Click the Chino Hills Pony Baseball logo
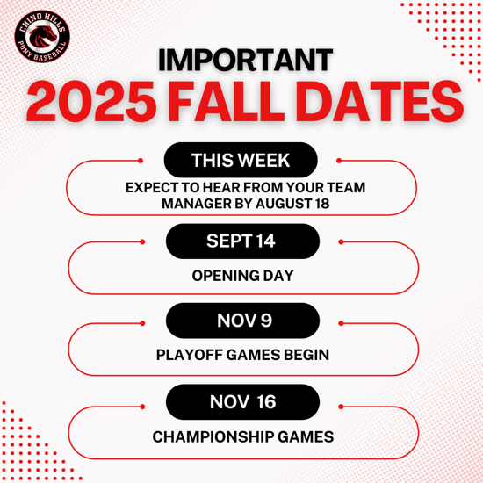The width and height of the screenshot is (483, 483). pyautogui.click(x=42, y=36)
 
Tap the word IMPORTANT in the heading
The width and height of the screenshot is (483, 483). pyautogui.click(x=245, y=61)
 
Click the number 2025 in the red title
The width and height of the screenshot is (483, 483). pyautogui.click(x=91, y=101)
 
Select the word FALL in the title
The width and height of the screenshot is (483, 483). pyautogui.click(x=226, y=101)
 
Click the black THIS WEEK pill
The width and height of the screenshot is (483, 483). pyautogui.click(x=241, y=160)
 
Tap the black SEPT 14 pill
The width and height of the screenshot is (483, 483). pyautogui.click(x=242, y=241)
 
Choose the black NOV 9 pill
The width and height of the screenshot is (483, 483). pyautogui.click(x=242, y=321)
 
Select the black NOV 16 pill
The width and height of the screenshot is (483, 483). pyautogui.click(x=242, y=401)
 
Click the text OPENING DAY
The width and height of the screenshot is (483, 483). pyautogui.click(x=242, y=276)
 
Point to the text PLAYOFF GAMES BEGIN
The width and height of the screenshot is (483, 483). pyautogui.click(x=242, y=355)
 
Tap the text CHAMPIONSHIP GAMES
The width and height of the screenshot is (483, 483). pyautogui.click(x=243, y=436)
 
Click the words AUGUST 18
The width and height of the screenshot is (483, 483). pyautogui.click(x=292, y=204)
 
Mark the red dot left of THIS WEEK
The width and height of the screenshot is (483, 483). pyautogui.click(x=141, y=161)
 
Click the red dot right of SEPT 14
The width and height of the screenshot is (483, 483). pyautogui.click(x=341, y=242)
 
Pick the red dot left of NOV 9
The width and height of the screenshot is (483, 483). pyautogui.click(x=142, y=323)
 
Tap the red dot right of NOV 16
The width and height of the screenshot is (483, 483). pyautogui.click(x=341, y=407)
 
